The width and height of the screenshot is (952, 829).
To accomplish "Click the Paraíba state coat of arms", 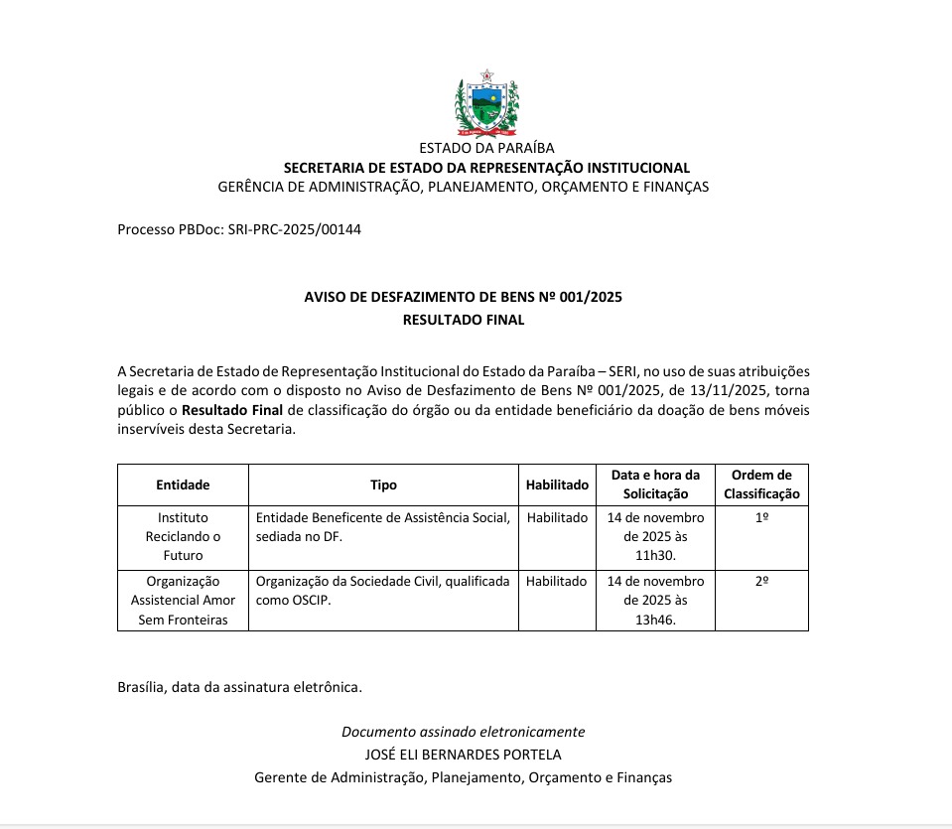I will point(486,104).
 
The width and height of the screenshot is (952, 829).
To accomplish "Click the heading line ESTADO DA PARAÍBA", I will point(486,148).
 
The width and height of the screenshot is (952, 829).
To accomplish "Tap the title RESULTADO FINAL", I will point(463,320).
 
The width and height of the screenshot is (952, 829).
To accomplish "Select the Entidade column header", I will point(183,484).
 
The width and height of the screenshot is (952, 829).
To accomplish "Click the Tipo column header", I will point(383,484).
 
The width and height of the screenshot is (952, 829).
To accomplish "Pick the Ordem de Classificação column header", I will point(761,484).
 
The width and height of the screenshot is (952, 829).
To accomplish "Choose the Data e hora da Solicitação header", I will point(655,484).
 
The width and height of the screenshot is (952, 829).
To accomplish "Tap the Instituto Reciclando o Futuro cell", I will point(183,536).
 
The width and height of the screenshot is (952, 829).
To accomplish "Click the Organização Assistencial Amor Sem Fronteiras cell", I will point(183,600).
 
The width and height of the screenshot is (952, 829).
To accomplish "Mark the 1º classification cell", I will point(761,518).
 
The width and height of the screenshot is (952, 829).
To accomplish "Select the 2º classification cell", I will point(761,582).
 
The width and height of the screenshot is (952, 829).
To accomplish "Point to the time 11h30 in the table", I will point(655,556).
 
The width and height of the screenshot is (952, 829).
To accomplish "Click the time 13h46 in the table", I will point(655,620).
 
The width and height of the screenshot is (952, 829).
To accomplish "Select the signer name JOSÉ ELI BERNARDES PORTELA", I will point(463,755).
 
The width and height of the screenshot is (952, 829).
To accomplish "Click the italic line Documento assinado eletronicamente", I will point(463,732).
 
